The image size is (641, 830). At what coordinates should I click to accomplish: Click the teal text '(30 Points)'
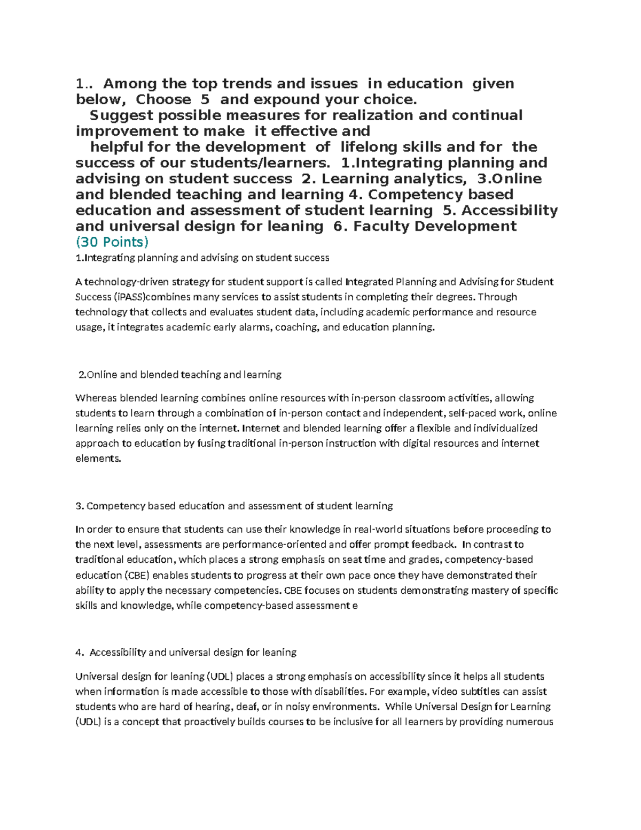(x=112, y=242)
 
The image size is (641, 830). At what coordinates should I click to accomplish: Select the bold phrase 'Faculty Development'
(x=435, y=226)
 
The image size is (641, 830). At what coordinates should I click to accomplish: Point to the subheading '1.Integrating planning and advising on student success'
(x=202, y=258)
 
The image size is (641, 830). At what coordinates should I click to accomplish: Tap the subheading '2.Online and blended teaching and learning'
(x=180, y=375)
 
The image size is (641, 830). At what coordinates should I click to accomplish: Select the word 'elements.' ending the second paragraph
(x=98, y=458)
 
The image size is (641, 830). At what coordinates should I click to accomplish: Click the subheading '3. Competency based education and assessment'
(x=234, y=506)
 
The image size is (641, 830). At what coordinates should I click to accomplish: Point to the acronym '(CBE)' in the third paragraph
(x=137, y=576)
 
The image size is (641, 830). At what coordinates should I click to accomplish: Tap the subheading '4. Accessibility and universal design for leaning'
(x=186, y=652)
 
